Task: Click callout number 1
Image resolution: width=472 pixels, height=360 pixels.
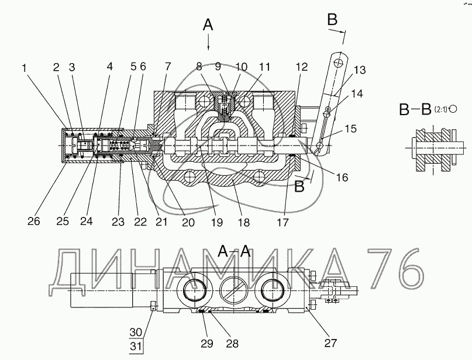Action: (x=25, y=68)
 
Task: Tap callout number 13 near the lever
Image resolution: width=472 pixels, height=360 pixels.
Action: (x=360, y=70)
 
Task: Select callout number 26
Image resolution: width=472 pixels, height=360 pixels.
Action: (x=33, y=221)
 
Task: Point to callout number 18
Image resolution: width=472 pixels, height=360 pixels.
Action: (x=243, y=223)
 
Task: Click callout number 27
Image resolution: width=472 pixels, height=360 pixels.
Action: (x=330, y=343)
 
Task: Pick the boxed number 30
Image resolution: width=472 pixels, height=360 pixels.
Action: (x=136, y=333)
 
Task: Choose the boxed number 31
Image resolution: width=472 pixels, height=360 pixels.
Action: (x=136, y=347)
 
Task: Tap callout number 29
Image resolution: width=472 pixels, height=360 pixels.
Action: (x=207, y=344)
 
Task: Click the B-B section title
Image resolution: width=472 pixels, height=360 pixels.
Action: (x=415, y=109)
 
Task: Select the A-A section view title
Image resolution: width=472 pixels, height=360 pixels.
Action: (x=234, y=251)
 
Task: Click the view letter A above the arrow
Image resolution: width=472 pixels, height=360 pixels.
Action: (x=208, y=25)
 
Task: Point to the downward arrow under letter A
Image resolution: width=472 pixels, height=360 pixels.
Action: (x=208, y=43)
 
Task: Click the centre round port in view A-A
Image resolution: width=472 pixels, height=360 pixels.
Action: (x=234, y=290)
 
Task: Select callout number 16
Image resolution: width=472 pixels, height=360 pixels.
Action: (x=342, y=178)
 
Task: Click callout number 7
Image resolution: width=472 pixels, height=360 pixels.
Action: (x=168, y=67)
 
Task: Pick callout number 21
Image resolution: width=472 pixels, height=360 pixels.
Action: (x=161, y=222)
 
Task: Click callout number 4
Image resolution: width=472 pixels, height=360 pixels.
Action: (x=109, y=67)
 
